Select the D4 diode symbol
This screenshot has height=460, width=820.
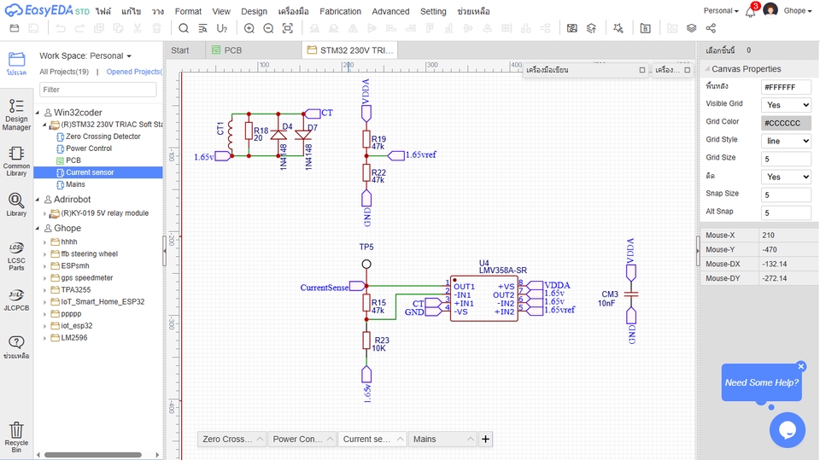click(278, 135)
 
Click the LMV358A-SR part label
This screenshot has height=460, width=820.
click(502, 271)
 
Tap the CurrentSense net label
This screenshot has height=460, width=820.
click(325, 288)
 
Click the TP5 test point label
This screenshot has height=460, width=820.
click(366, 247)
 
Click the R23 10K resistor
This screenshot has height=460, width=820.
click(366, 341)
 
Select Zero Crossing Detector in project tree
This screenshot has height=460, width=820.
click(102, 137)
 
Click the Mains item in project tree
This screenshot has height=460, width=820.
click(75, 184)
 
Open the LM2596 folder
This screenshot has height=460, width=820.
click(73, 338)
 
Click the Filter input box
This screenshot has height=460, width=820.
click(97, 90)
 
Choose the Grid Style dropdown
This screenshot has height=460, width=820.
click(785, 141)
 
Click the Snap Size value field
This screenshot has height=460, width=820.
click(785, 194)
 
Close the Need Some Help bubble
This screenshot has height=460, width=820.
click(801, 366)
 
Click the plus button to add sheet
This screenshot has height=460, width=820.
click(485, 439)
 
